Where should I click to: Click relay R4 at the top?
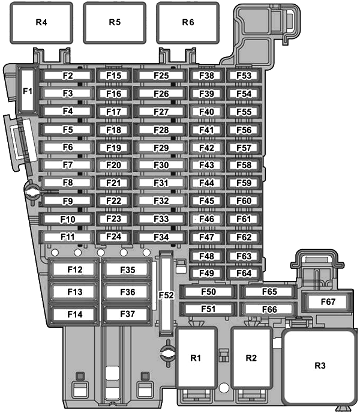click(41, 22)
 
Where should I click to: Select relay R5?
click(115, 22)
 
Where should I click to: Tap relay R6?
click(188, 22)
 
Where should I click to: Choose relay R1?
click(196, 358)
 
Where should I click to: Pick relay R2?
click(251, 358)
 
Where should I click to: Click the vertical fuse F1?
click(27, 91)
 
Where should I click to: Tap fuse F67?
click(328, 302)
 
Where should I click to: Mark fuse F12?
click(74, 270)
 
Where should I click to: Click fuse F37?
click(127, 313)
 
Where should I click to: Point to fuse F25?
click(161, 76)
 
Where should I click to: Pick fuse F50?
click(208, 292)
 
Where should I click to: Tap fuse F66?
click(269, 309)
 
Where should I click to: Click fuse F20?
click(113, 165)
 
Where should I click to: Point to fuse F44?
click(206, 182)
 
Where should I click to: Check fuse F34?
click(161, 237)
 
